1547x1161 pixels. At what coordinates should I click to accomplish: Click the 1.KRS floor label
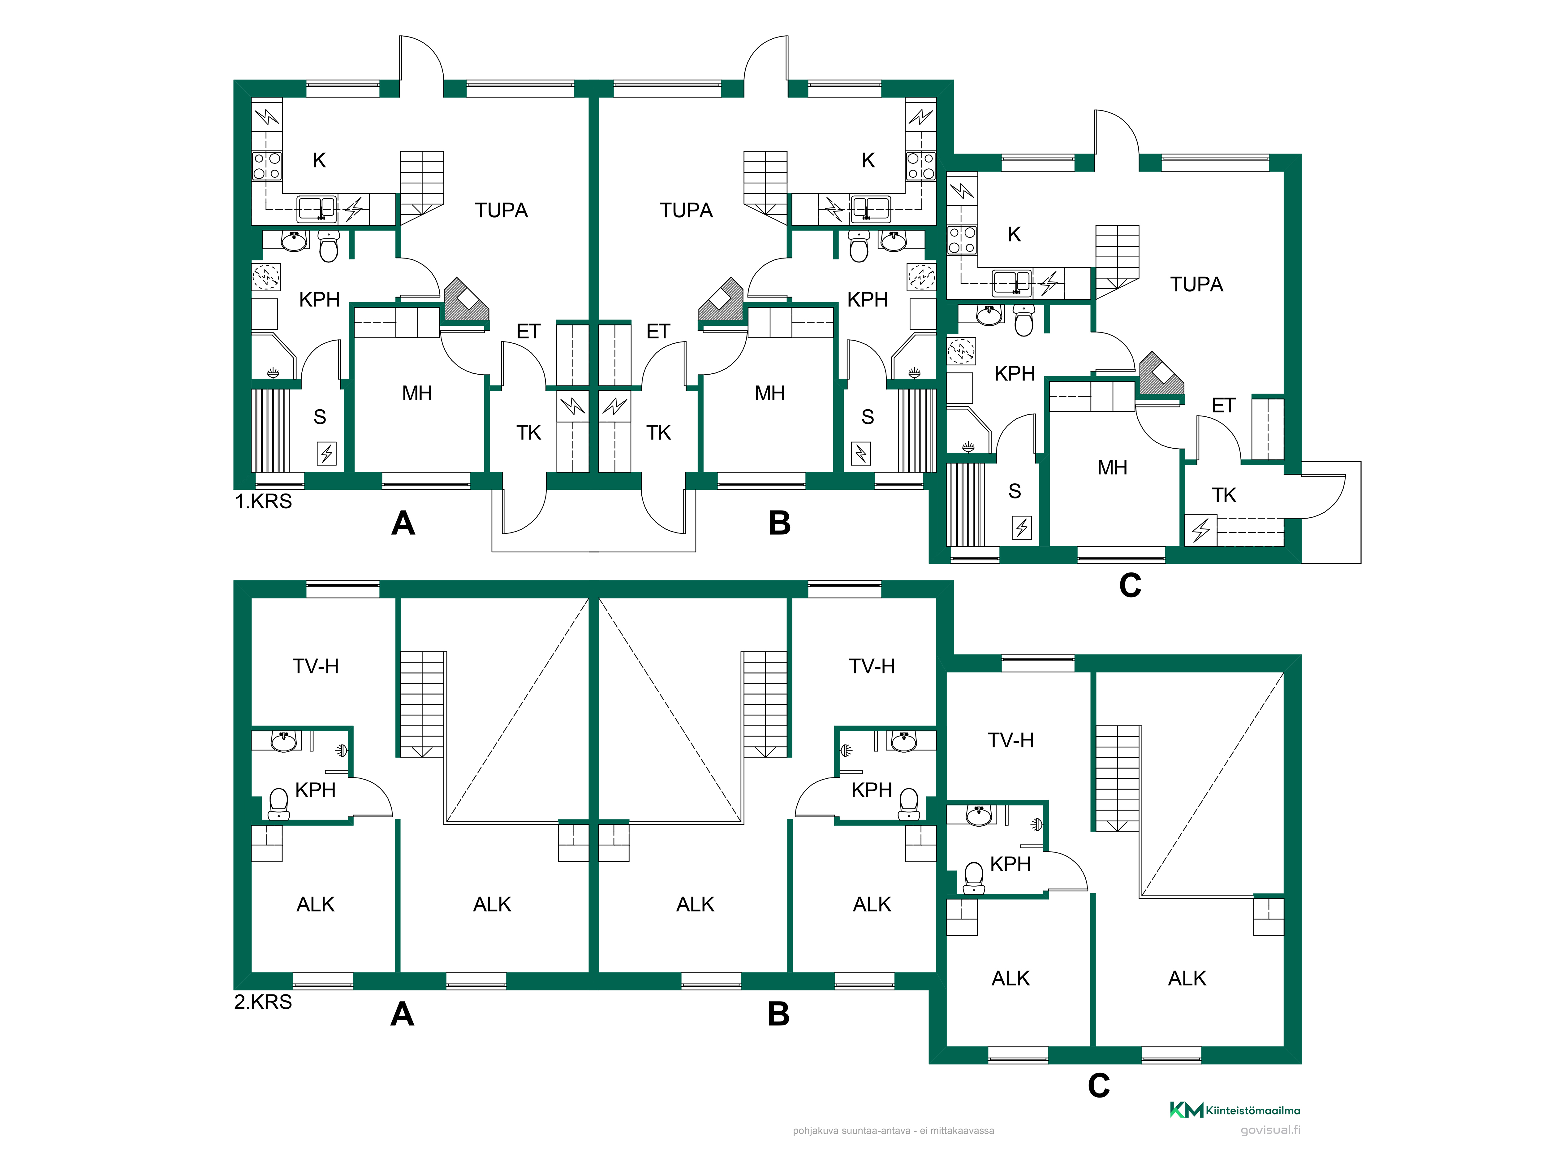pyautogui.click(x=263, y=501)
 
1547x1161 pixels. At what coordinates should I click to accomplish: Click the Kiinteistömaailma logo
pyautogui.click(x=1235, y=1110)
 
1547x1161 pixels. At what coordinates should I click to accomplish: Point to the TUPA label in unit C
pyautogui.click(x=1197, y=284)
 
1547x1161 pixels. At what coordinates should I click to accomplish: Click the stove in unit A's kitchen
pyautogui.click(x=266, y=166)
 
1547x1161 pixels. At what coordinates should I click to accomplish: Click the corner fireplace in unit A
pyautogui.click(x=464, y=299)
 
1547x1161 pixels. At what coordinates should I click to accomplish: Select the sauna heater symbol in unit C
pyautogui.click(x=1022, y=527)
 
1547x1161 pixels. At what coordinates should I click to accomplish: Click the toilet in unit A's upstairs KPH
pyautogui.click(x=278, y=803)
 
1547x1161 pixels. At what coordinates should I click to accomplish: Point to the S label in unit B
pyautogui.click(x=867, y=417)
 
